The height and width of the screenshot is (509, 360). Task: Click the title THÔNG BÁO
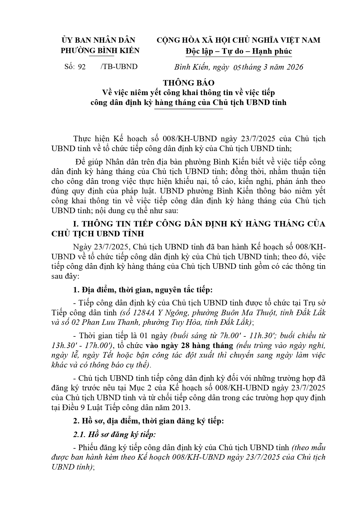[189, 83]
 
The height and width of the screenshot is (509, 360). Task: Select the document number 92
[82, 67]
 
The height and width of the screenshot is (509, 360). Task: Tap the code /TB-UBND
[119, 67]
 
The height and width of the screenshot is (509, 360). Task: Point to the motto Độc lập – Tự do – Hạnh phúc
[239, 51]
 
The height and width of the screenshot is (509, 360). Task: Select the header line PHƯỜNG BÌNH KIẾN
[100, 50]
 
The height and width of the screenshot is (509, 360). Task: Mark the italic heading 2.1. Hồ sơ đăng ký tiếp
[114, 434]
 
